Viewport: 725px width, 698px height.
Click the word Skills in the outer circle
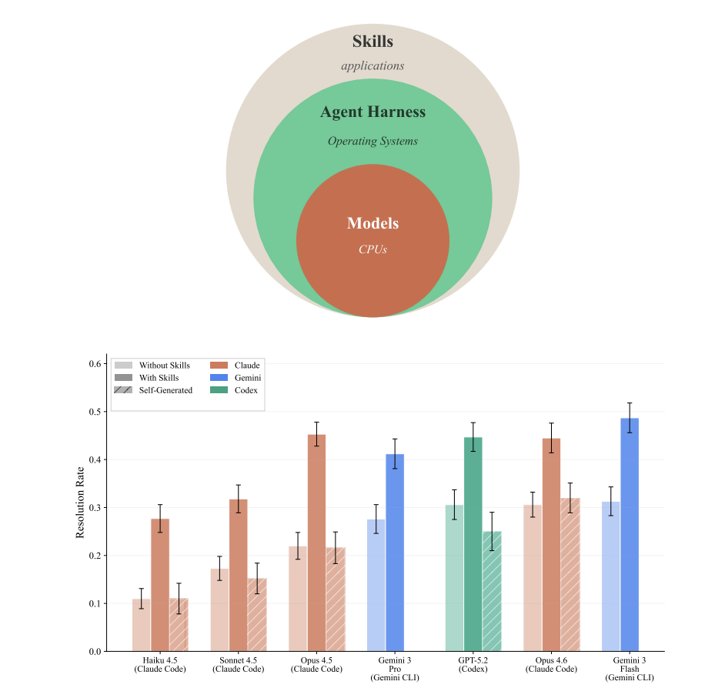(373, 42)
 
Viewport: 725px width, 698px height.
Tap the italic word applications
(373, 66)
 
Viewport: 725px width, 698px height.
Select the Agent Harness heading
(373, 112)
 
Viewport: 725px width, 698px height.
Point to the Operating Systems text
(373, 142)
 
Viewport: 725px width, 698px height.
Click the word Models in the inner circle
(373, 224)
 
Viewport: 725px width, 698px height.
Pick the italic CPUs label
(373, 249)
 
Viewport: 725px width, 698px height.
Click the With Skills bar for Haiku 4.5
(160, 585)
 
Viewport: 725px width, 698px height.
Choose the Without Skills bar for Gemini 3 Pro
(376, 585)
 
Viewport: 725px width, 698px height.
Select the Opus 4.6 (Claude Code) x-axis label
(551, 665)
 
